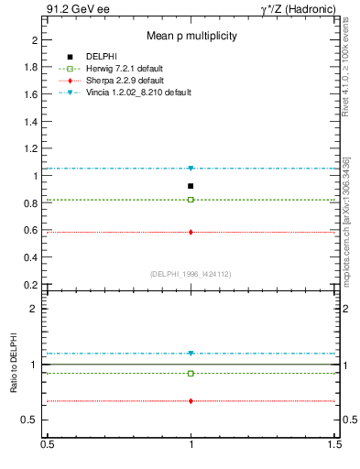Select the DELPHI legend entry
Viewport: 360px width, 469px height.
tap(100, 57)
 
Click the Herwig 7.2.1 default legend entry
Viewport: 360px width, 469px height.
tap(125, 69)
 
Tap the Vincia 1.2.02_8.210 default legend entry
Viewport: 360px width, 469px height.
tap(137, 93)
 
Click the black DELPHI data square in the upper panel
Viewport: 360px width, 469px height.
tap(191, 186)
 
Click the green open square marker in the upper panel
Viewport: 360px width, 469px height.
tap(191, 200)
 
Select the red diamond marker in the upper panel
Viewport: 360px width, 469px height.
tap(191, 232)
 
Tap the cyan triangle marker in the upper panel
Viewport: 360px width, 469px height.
tap(191, 169)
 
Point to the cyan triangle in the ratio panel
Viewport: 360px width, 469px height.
tap(191, 354)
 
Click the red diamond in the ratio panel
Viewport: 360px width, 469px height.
tap(191, 401)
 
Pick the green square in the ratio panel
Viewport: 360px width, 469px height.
tap(191, 373)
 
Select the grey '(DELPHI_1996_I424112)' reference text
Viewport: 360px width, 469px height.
tap(191, 274)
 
